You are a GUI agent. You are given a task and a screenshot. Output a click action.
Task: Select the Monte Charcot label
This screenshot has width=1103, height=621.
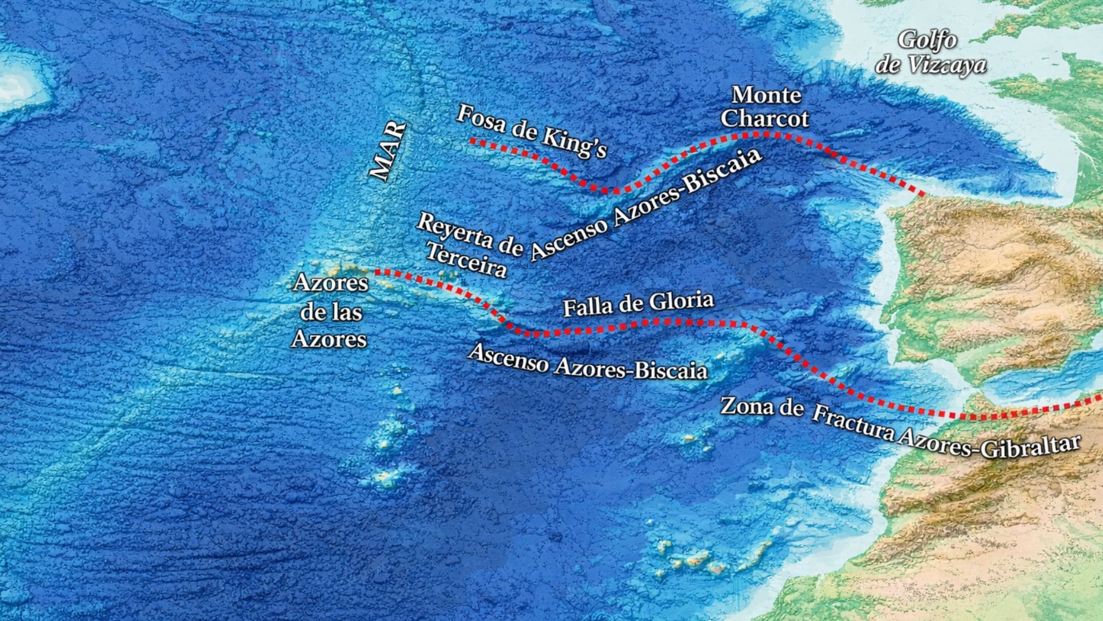pos(765,106)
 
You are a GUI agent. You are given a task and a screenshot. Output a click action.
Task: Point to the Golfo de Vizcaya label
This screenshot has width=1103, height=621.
pos(930,52)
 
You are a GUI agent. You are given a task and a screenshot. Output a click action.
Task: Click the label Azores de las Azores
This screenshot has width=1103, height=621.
pos(330,311)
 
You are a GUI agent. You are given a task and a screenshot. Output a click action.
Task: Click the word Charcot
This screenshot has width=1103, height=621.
pos(765,118)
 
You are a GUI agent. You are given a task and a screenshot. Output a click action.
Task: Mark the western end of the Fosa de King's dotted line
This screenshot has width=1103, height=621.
pos(471,141)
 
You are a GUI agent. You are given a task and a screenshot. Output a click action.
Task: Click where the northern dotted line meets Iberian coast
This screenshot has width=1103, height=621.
pos(924,195)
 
